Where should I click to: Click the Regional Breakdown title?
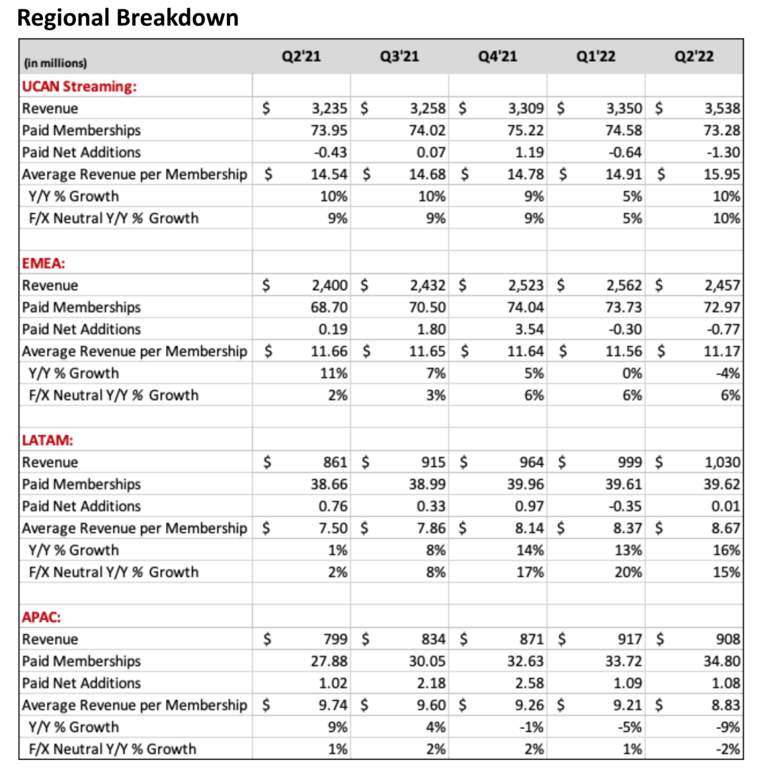point(128,17)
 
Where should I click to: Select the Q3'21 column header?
point(399,57)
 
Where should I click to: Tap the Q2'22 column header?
point(693,57)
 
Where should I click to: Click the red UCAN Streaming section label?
point(79,86)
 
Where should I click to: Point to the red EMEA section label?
point(43,263)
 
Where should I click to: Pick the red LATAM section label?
point(47,440)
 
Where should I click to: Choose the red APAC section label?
point(41,617)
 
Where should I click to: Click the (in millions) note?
point(55,63)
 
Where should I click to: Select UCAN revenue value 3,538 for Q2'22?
point(722,108)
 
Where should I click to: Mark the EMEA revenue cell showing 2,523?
point(526,285)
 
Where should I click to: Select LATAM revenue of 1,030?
point(722,462)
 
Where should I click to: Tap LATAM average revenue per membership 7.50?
point(333,528)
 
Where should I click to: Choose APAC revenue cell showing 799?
point(335,639)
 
